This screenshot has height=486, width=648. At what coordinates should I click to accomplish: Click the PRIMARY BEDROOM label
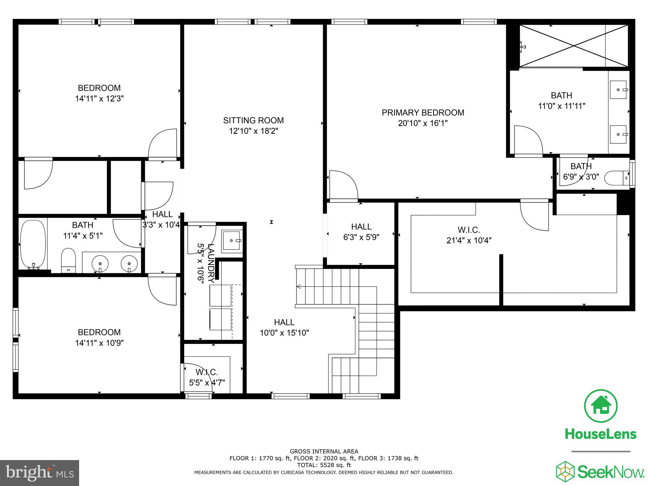pyautogui.click(x=423, y=113)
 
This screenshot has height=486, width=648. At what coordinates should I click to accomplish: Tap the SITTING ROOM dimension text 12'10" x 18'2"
pyautogui.click(x=253, y=131)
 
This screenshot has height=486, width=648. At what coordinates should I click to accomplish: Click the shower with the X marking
pyautogui.click(x=574, y=46)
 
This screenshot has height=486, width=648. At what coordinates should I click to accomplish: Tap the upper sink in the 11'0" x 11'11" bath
pyautogui.click(x=618, y=90)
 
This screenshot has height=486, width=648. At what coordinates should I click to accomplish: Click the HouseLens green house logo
pyautogui.click(x=601, y=406)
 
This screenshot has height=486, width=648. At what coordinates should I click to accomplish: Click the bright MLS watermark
pyautogui.click(x=40, y=473)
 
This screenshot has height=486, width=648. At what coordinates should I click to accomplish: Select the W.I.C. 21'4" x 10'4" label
pyautogui.click(x=469, y=235)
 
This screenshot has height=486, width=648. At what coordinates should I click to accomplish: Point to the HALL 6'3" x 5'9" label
pyautogui.click(x=361, y=232)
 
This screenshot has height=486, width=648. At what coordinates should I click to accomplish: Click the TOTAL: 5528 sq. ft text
pyautogui.click(x=324, y=465)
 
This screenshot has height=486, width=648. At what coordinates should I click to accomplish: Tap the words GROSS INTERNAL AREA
pyautogui.click(x=324, y=452)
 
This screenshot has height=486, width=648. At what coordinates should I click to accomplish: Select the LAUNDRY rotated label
pyautogui.click(x=211, y=263)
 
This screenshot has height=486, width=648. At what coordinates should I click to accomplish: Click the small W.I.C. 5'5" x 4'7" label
pyautogui.click(x=207, y=377)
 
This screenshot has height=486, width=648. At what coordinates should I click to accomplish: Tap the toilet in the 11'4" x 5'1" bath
pyautogui.click(x=68, y=260)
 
